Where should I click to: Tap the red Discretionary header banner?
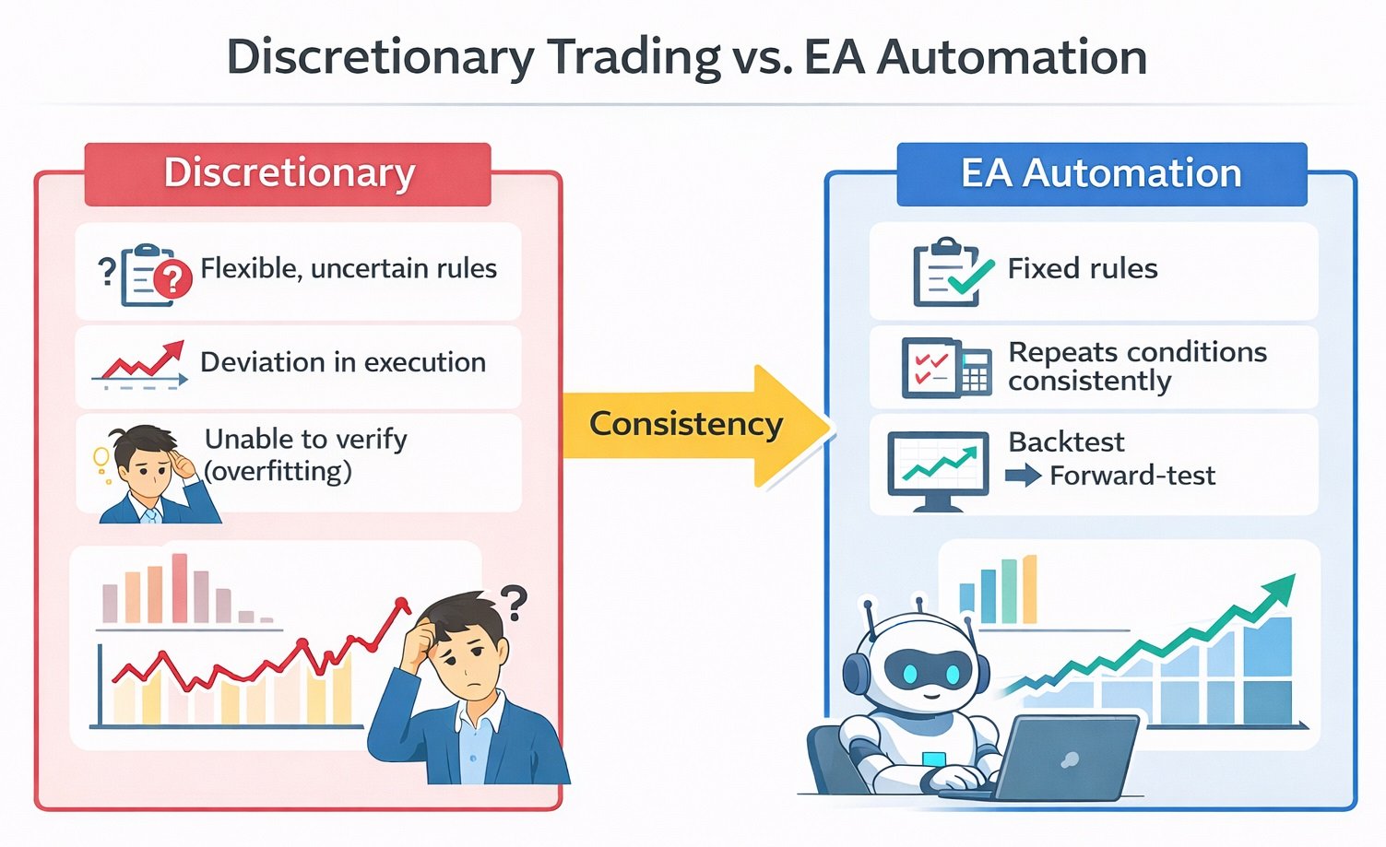click(288, 173)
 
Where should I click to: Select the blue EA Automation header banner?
click(1101, 173)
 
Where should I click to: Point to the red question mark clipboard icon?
click(157, 274)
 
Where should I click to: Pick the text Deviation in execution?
click(342, 362)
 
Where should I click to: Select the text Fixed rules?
click(1082, 268)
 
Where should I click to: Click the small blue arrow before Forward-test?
click(1022, 476)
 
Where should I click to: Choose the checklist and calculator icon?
click(945, 367)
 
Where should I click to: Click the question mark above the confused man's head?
click(513, 603)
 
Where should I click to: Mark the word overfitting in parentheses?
click(278, 471)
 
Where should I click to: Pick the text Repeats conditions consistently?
click(1136, 366)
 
